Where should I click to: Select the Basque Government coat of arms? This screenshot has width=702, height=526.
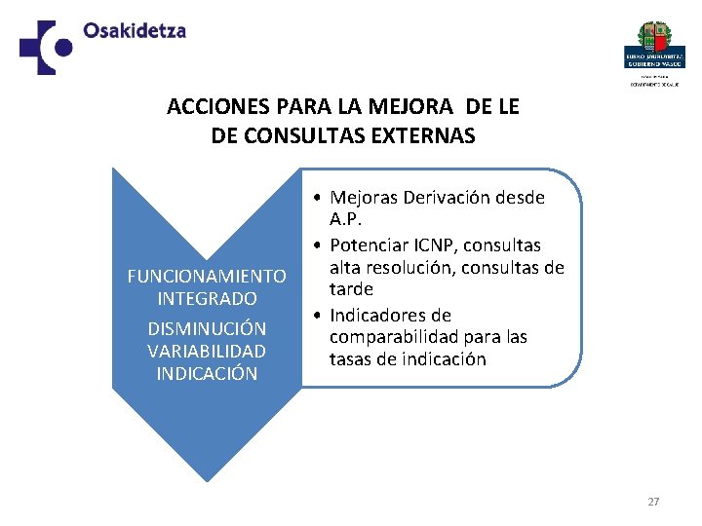[x=653, y=38]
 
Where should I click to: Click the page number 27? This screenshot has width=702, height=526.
[x=653, y=502]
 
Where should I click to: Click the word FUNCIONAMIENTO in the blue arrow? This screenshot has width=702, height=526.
[x=207, y=277]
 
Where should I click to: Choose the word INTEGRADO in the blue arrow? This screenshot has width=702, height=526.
[x=207, y=298]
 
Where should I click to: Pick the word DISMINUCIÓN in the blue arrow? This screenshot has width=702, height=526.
[x=207, y=328]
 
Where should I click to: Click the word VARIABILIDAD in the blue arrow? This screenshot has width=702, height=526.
[x=207, y=351]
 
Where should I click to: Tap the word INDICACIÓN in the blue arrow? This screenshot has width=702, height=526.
[x=207, y=373]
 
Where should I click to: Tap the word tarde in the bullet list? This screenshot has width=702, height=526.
[x=351, y=289]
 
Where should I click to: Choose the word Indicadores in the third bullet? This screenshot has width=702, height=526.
[x=390, y=315]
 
